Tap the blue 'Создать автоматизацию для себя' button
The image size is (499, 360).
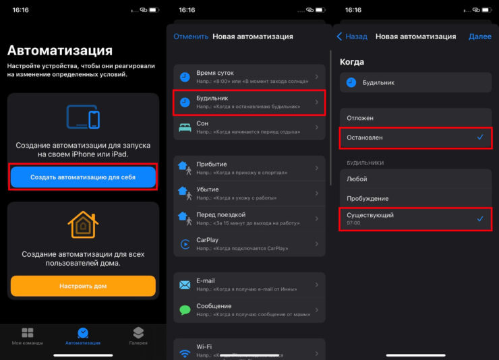click(x=83, y=177)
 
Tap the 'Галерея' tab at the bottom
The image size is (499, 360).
click(x=138, y=336)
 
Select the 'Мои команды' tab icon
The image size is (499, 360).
click(x=28, y=332)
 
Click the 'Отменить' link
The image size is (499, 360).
click(x=191, y=36)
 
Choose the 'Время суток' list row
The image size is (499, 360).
click(x=249, y=77)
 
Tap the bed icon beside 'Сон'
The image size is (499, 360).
click(x=185, y=127)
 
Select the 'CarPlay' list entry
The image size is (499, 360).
click(x=249, y=244)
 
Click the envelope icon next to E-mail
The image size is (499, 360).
click(x=185, y=284)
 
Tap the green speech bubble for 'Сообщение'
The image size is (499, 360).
click(x=185, y=309)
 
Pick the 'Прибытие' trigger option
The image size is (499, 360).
click(x=249, y=169)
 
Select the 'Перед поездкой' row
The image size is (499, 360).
click(x=249, y=219)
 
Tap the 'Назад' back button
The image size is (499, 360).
click(x=352, y=36)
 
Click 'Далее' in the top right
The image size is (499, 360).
click(x=480, y=36)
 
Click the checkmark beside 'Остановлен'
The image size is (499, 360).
click(x=480, y=137)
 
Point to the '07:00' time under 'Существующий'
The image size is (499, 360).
click(x=353, y=223)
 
